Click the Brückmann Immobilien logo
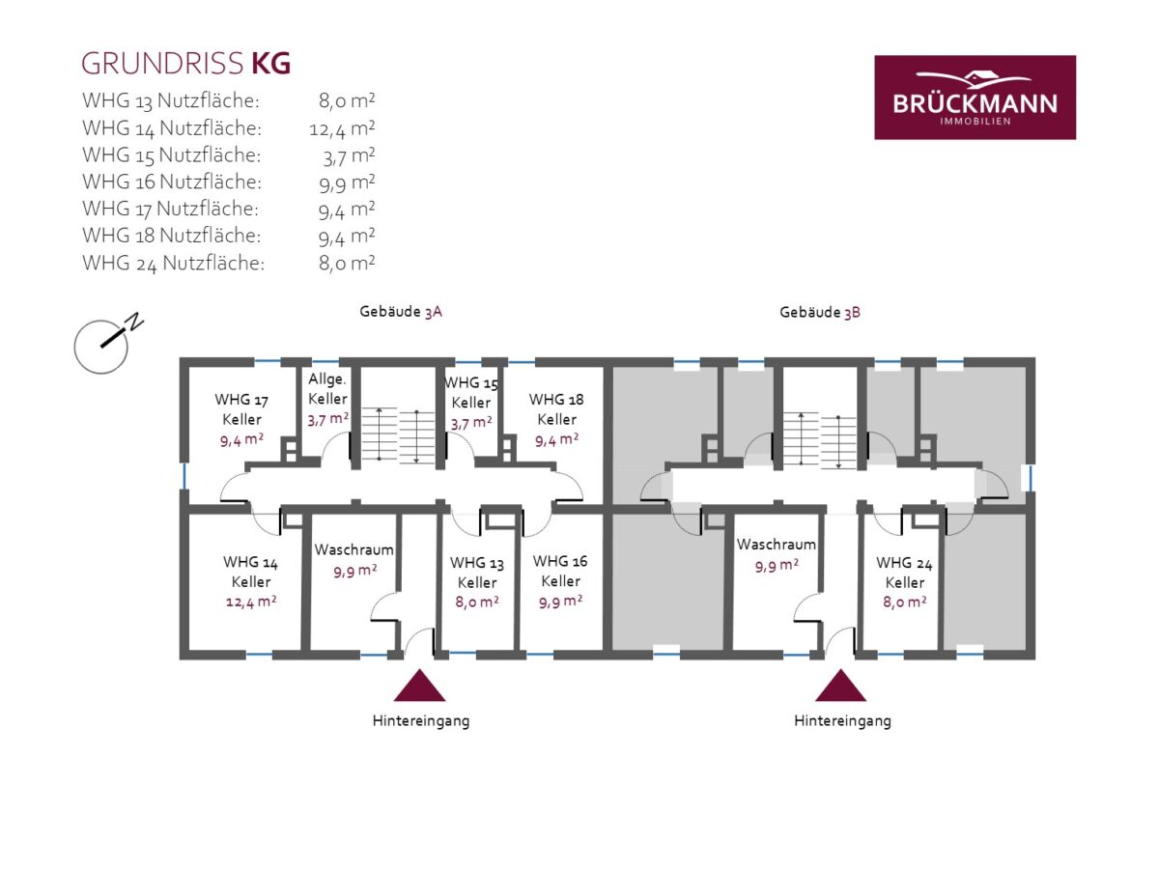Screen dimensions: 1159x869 tap(975, 98)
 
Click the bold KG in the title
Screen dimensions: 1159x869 tap(270, 64)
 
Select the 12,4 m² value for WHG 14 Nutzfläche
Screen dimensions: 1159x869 tap(342, 128)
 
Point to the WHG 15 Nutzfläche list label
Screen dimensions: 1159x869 tap(172, 155)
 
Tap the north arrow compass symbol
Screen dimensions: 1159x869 tap(108, 344)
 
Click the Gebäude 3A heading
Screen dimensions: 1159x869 tap(401, 312)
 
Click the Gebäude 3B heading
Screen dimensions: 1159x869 tap(819, 312)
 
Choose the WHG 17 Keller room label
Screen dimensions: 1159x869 tap(241, 409)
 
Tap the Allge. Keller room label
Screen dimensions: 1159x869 tap(327, 389)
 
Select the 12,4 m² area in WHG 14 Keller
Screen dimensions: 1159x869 tap(251, 602)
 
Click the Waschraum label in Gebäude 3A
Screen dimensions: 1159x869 tap(353, 549)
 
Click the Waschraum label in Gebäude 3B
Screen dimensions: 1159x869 tap(777, 544)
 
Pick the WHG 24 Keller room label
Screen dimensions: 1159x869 tap(904, 573)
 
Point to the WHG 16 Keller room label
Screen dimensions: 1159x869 tap(560, 571)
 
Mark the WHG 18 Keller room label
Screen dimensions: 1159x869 tap(556, 409)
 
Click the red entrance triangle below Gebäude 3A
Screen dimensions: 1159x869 tap(420, 686)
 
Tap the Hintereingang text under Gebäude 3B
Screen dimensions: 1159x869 tap(842, 720)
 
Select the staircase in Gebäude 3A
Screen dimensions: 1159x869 tap(398, 435)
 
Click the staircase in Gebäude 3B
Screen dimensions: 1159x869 tap(819, 439)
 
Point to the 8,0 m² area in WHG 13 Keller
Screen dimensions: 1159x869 tap(477, 602)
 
